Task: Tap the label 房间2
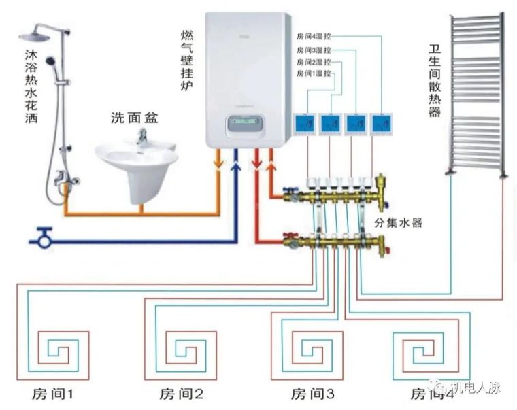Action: pyautogui.click(x=182, y=394)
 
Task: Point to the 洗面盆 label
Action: pyautogui.click(x=135, y=117)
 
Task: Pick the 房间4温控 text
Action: pyautogui.click(x=314, y=37)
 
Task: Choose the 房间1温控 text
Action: pyautogui.click(x=314, y=73)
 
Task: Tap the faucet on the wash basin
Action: pyautogui.click(x=142, y=136)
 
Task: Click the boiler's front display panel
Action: pyautogui.click(x=245, y=125)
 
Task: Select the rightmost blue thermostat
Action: pyautogui.click(x=382, y=123)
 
